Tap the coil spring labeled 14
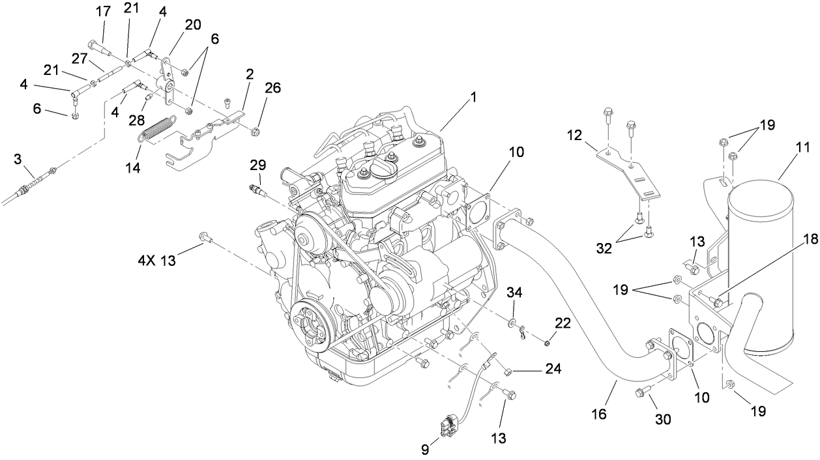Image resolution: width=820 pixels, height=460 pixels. pyautogui.click(x=158, y=128)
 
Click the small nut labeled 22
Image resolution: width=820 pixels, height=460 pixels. pyautogui.click(x=549, y=342)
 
